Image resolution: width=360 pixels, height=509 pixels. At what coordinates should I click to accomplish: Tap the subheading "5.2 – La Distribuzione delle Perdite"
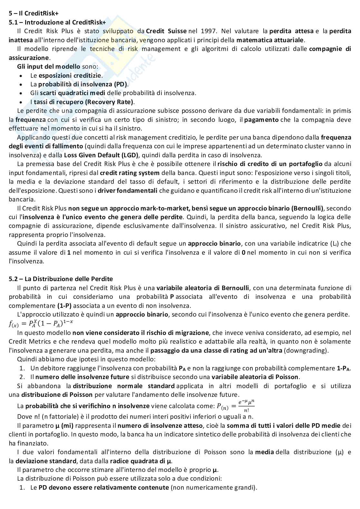(x=61, y=279)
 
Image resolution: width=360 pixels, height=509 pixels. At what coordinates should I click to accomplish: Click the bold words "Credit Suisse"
(x=166, y=31)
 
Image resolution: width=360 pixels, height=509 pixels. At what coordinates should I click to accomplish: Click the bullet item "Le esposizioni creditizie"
(x=66, y=75)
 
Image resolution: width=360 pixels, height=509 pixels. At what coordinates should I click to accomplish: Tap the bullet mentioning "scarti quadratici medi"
(x=113, y=93)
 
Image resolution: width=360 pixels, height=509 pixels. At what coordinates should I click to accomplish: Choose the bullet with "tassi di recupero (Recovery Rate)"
(x=83, y=102)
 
